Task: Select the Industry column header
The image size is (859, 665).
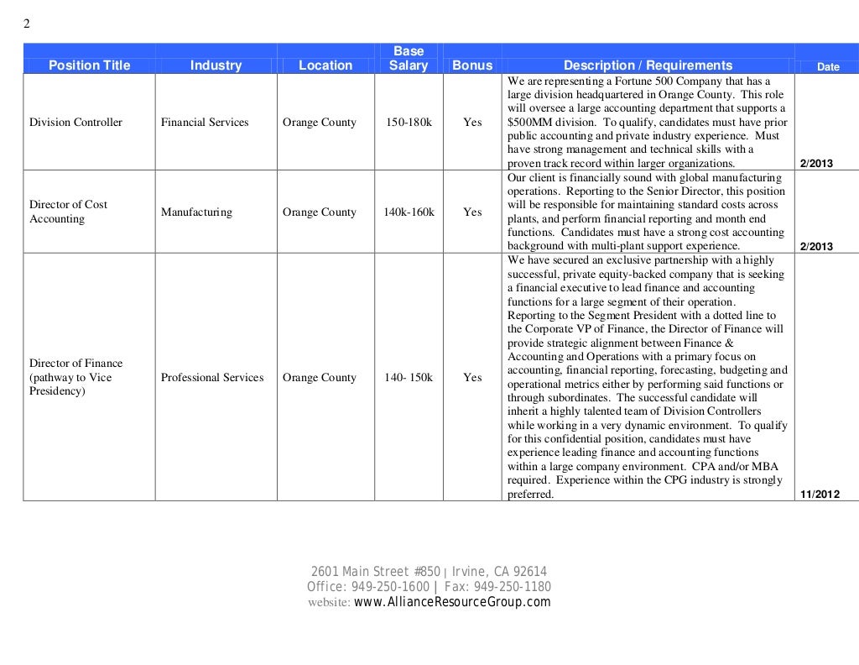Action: coord(216,65)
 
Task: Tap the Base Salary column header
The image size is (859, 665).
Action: coord(409,59)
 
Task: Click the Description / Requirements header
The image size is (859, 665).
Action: coord(648,65)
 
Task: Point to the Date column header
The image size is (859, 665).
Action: coord(828,67)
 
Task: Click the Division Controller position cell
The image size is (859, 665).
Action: coord(75,123)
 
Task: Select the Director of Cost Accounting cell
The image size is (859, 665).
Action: coord(69,212)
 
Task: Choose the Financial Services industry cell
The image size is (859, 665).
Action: coord(205,123)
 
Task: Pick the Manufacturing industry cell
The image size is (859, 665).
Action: coord(196,212)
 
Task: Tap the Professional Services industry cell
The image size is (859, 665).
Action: coord(212,378)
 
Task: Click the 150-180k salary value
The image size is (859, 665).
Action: coord(409,123)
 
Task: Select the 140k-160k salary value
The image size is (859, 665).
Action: coord(409,212)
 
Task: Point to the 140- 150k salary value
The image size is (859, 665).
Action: coord(409,378)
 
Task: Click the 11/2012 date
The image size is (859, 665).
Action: coord(820,495)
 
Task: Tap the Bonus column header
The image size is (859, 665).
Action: coord(472,65)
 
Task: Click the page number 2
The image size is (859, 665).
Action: coord(26,24)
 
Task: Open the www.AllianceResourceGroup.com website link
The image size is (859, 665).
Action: coord(452,602)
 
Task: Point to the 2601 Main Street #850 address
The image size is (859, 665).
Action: coord(376,572)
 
